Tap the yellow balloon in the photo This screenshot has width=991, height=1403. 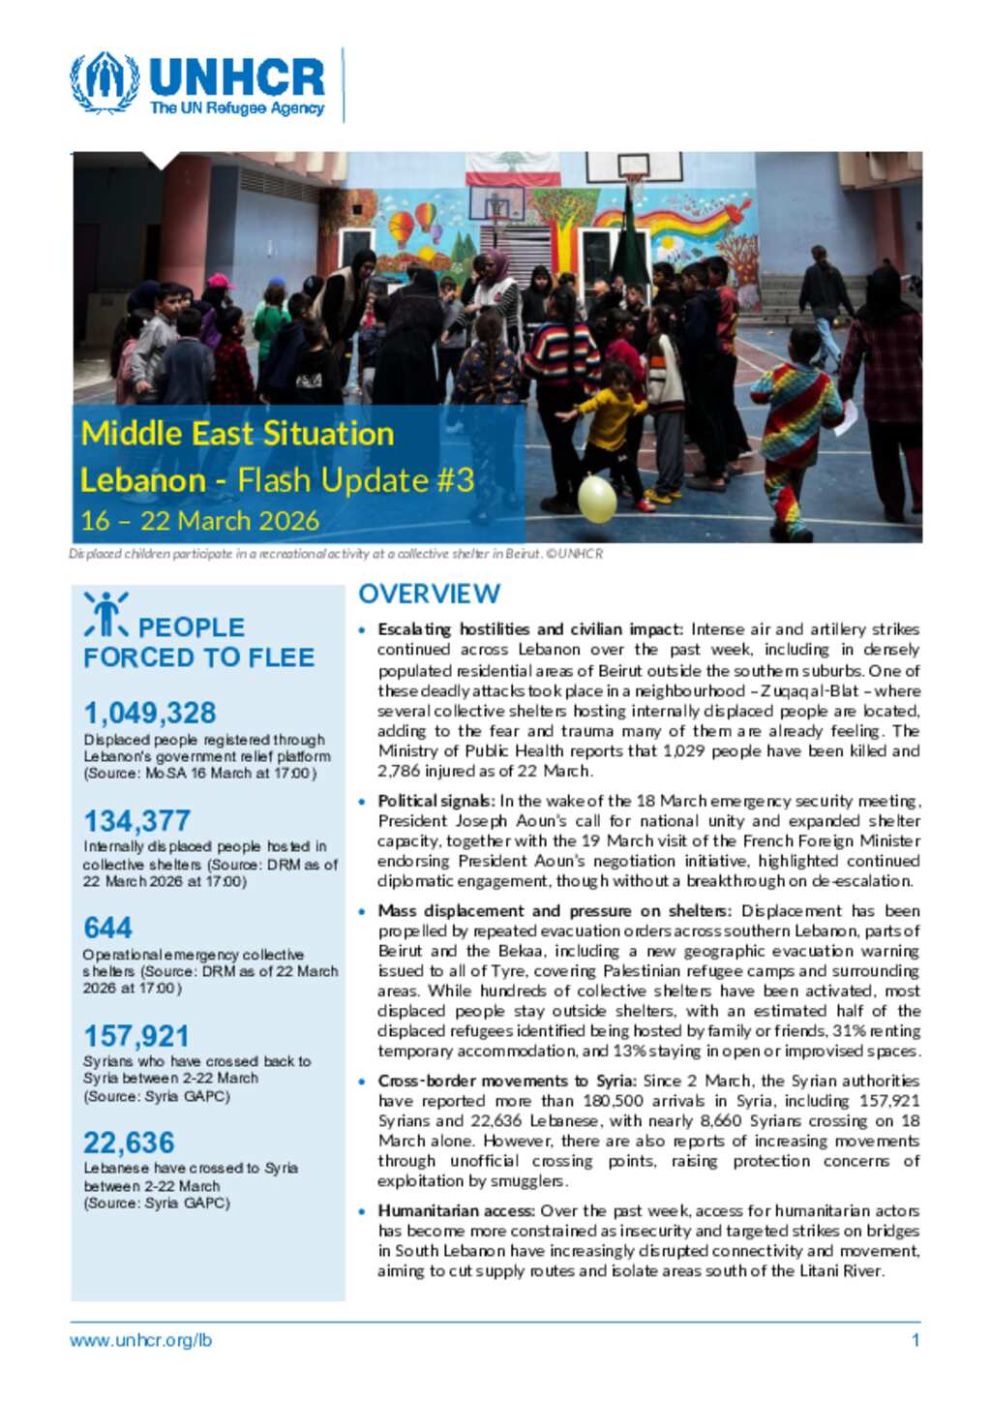point(596,497)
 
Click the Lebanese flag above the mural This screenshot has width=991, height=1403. point(498,168)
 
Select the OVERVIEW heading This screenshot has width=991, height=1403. point(429,594)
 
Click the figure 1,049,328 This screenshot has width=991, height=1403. point(150,713)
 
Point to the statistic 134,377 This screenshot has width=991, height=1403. point(136,821)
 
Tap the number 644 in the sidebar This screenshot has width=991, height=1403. point(107,928)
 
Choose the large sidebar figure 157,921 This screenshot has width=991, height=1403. point(136,1036)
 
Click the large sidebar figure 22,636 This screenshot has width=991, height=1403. point(129,1143)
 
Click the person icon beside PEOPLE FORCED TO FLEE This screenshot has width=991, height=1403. point(105,615)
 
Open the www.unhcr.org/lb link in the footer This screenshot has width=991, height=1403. point(140,1341)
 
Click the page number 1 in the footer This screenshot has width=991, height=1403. point(915,1341)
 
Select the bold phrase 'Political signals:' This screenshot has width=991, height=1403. point(435,801)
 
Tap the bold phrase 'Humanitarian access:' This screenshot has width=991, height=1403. point(456,1210)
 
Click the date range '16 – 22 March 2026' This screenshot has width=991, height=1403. point(200,521)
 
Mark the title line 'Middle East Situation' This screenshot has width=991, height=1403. point(237,433)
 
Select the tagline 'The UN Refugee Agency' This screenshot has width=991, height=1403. point(237,108)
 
